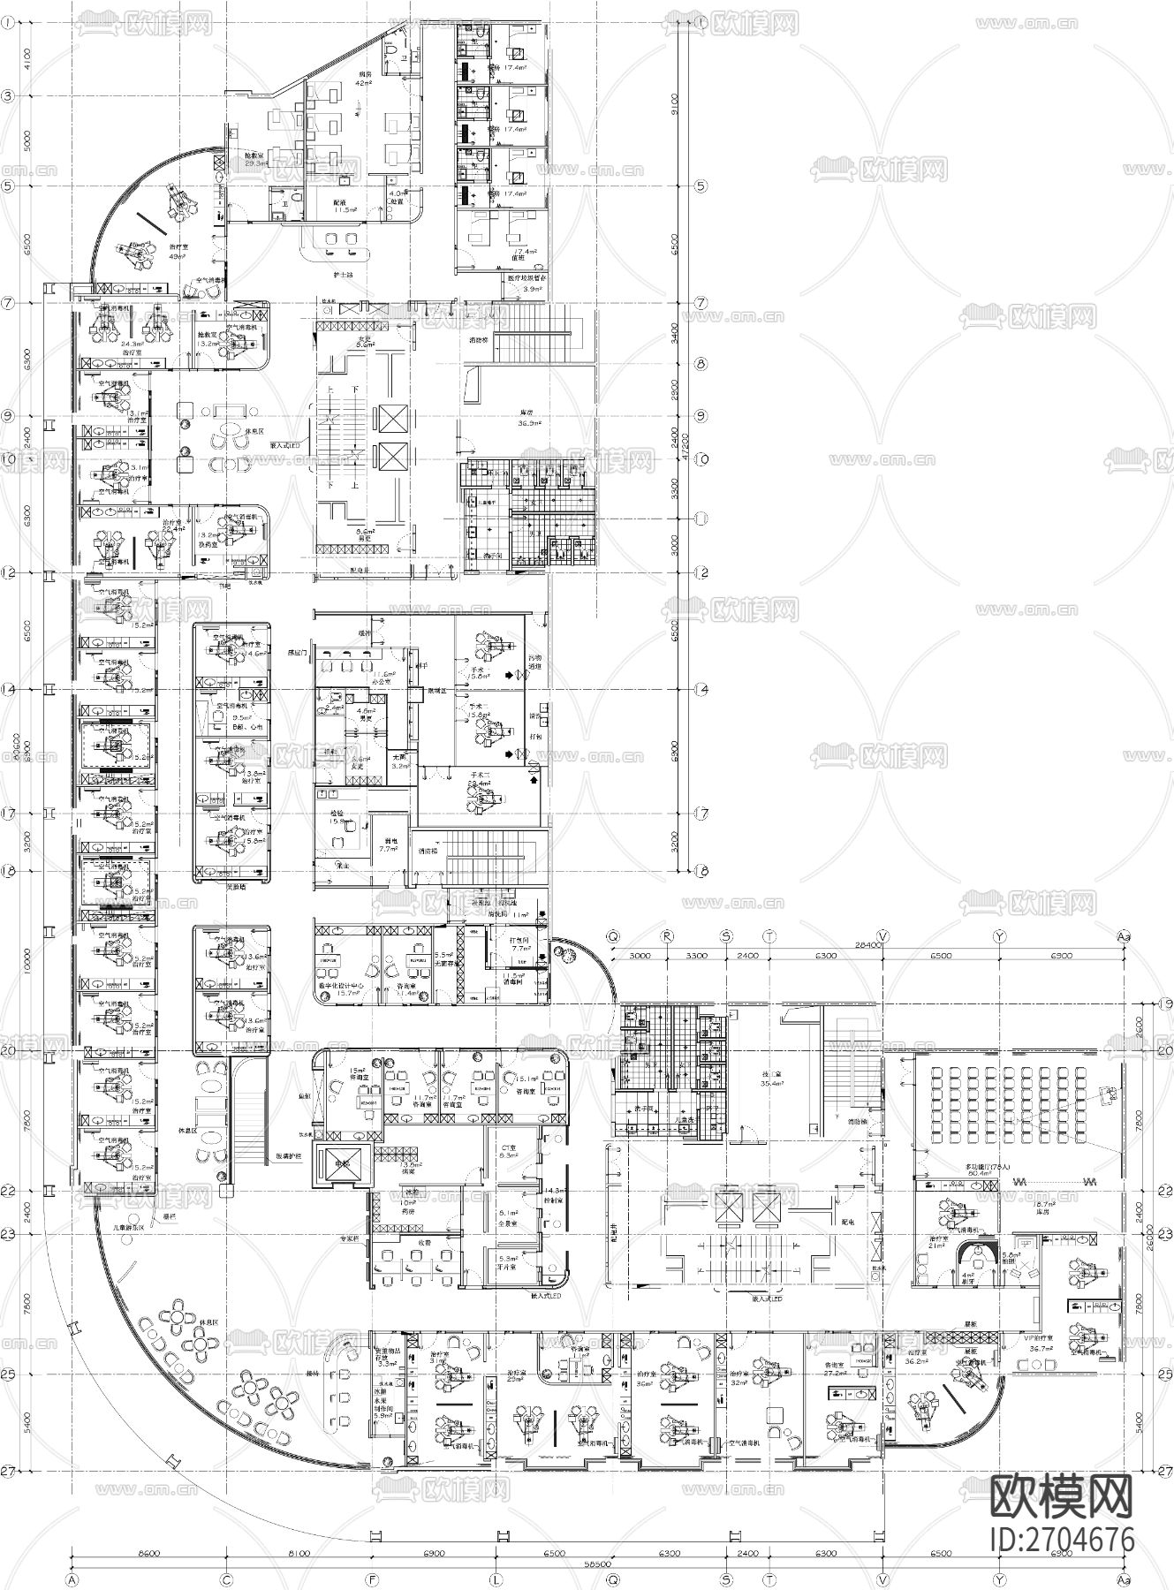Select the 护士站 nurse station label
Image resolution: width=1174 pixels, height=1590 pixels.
pos(344,276)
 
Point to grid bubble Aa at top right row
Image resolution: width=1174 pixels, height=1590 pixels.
pos(1124,935)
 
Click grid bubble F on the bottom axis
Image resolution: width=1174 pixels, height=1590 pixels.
pos(371,1577)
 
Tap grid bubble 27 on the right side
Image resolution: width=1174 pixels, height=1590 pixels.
pos(1165,1472)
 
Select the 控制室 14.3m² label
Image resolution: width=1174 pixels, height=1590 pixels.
pos(555,1197)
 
